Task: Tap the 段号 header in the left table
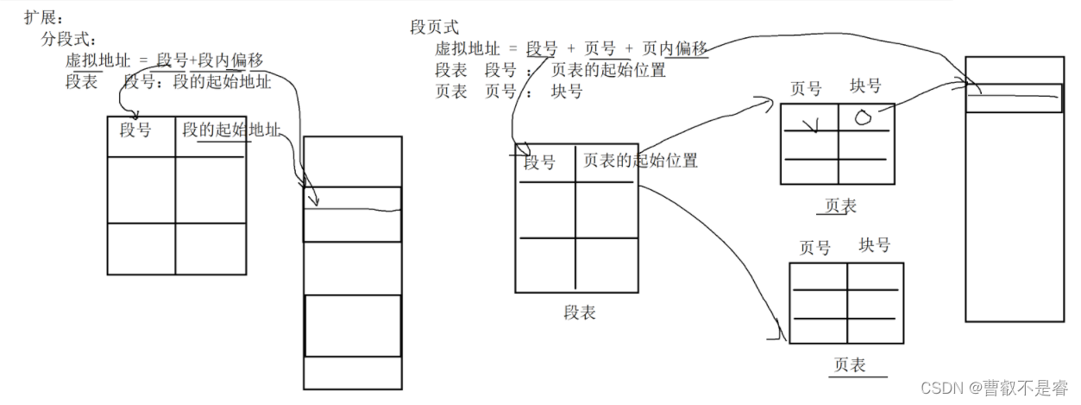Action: click(135, 130)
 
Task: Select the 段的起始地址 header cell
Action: click(231, 130)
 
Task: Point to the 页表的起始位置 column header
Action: click(640, 161)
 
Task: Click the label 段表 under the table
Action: click(580, 313)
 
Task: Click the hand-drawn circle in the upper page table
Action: click(864, 118)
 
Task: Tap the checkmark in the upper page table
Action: click(809, 127)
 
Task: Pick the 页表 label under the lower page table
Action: click(849, 365)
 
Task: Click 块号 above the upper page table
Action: click(865, 86)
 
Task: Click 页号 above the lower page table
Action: click(814, 248)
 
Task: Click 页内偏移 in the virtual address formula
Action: click(676, 49)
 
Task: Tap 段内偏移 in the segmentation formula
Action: click(230, 60)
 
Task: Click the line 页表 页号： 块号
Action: click(508, 92)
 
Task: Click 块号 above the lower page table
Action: click(874, 245)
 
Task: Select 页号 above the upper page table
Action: click(806, 88)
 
